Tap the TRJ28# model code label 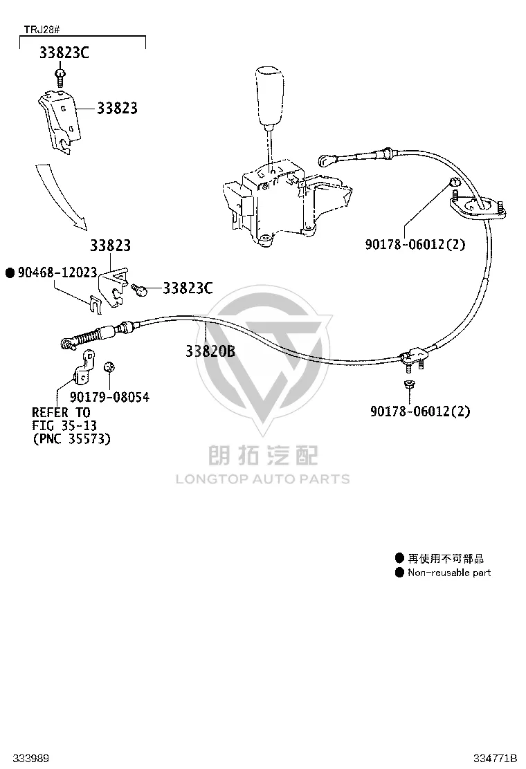(42, 30)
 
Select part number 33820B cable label (210, 351)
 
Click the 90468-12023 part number (57, 272)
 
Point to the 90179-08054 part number (109, 397)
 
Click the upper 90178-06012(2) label (415, 243)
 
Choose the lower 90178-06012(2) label (420, 411)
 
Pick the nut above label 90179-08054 (109, 367)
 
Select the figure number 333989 (31, 758)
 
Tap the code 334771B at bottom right (495, 758)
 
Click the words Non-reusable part (449, 573)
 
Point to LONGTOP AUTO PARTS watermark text (263, 479)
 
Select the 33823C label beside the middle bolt (188, 288)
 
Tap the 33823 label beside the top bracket (117, 108)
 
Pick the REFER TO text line (62, 412)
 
